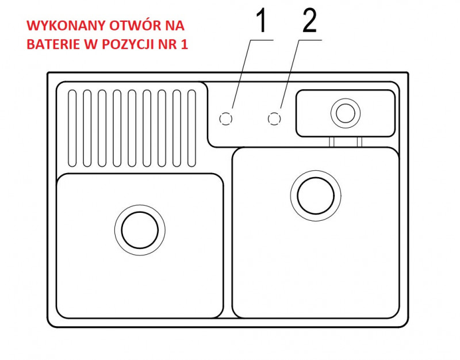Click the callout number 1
coord(261,21)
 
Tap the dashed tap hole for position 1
coord(226,119)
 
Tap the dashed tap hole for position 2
coord(274,118)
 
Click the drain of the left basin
coord(140,230)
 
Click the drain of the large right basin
coord(316,196)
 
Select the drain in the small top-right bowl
coord(346,113)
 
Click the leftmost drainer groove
coord(72,128)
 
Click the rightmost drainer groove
coord(191,128)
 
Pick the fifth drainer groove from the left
coord(132,128)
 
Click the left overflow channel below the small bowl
coord(332,142)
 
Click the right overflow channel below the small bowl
coord(359,142)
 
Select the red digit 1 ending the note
coord(184,44)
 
